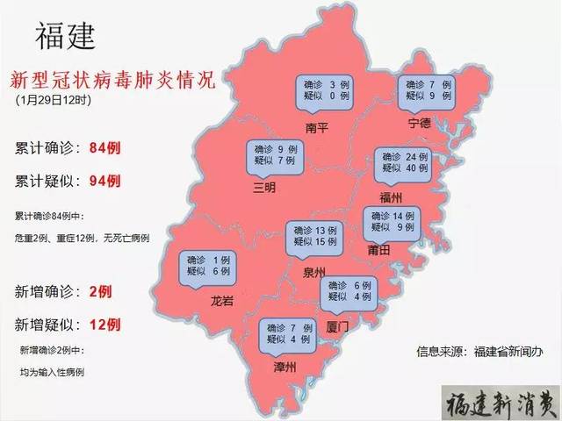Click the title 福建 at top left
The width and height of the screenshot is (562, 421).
pyautogui.click(x=65, y=36)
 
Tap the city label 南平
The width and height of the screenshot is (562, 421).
pyautogui.click(x=316, y=128)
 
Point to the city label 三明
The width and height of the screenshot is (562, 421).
pyautogui.click(x=264, y=187)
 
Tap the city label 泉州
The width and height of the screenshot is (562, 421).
pyautogui.click(x=312, y=271)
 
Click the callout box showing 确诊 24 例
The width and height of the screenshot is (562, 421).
pyautogui.click(x=403, y=161)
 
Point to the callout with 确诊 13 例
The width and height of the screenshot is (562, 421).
pyautogui.click(x=313, y=235)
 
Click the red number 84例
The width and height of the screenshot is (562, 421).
pyautogui.click(x=104, y=148)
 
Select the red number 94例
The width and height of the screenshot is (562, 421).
pyautogui.click(x=104, y=180)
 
